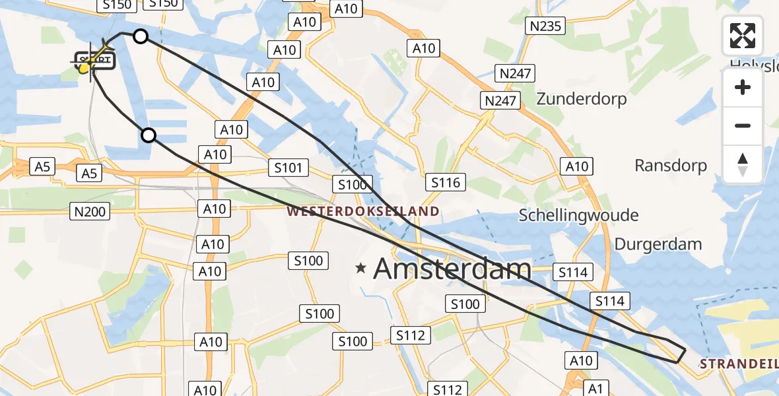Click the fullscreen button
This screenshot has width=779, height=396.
[x=743, y=36]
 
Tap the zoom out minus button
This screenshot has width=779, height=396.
[x=743, y=125]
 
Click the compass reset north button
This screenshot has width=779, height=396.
[x=743, y=164]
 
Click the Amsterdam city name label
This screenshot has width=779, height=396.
[x=452, y=269]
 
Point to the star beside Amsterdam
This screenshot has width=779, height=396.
[x=360, y=268]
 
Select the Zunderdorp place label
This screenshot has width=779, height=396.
[x=582, y=99]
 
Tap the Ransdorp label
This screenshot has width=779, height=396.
[x=671, y=165]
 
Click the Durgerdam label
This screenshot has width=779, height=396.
[x=658, y=244]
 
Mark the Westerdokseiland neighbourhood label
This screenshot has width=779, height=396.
[x=363, y=212]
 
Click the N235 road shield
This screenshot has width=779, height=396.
[x=545, y=26]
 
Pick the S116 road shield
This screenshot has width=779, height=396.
[x=446, y=182]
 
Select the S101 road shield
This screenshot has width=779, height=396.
[x=289, y=168]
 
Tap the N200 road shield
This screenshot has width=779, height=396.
[x=90, y=211]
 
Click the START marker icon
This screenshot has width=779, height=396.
[x=94, y=62]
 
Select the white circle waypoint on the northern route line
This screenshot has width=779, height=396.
[x=141, y=36]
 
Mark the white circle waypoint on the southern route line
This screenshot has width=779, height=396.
[x=149, y=135]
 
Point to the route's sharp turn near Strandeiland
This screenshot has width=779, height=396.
[x=684, y=351]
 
